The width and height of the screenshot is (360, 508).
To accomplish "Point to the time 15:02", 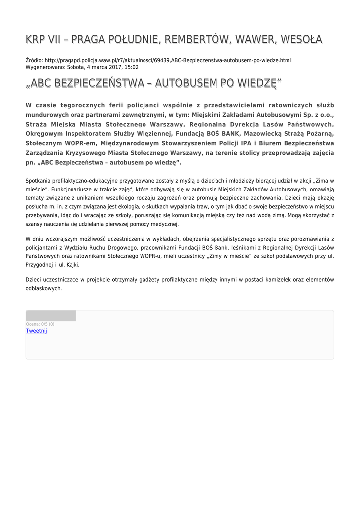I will (x=131, y=67).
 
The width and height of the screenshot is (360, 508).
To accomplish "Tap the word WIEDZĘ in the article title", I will (x=255, y=83).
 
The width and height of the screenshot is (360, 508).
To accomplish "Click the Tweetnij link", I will (x=36, y=331).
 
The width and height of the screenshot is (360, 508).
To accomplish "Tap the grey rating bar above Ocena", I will (x=51, y=316).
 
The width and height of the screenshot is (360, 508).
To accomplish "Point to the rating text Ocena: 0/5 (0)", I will (x=40, y=324).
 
